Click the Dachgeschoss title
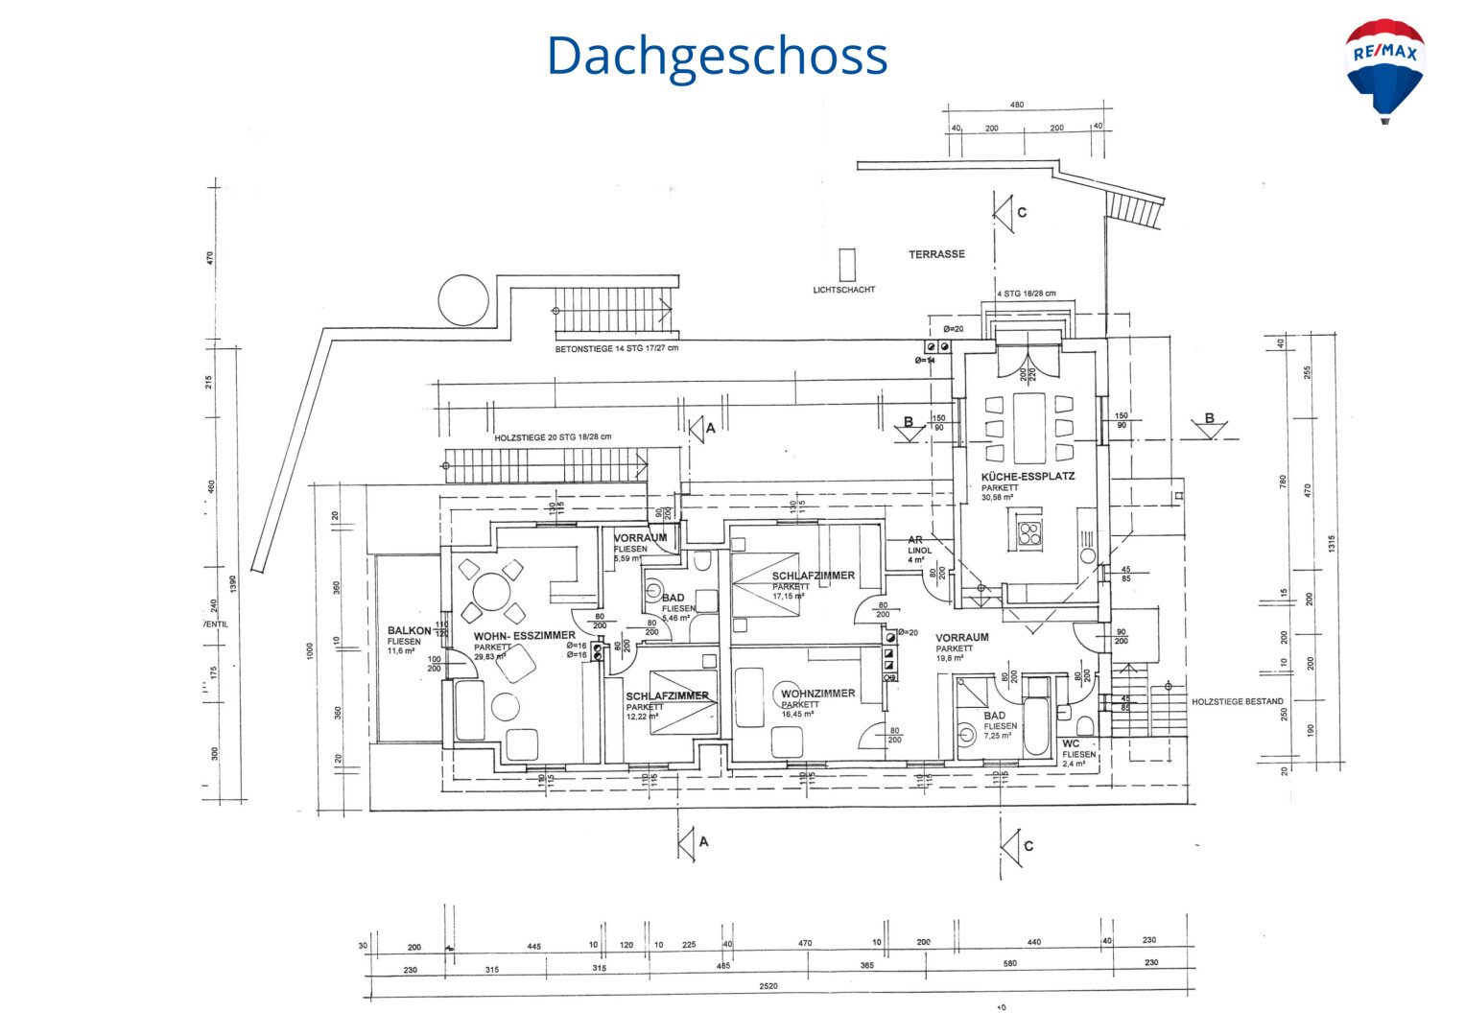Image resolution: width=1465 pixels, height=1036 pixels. point(717,56)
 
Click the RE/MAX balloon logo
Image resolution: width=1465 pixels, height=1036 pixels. point(1384,69)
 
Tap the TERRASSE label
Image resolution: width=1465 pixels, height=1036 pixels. point(936,254)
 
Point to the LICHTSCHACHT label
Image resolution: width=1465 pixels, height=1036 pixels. point(843,290)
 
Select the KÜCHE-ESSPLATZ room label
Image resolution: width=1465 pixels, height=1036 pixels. point(1028,477)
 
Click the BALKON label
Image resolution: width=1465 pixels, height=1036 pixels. point(409,631)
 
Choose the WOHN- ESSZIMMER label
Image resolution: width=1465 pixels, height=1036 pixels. point(524,636)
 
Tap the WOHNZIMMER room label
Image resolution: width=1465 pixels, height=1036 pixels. point(817,694)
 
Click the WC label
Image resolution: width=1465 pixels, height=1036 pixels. point(1071,744)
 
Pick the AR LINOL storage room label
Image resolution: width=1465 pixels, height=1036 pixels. point(918,546)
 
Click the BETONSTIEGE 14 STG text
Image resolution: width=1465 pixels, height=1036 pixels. point(616,348)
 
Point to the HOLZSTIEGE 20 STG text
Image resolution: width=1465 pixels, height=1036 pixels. point(553,437)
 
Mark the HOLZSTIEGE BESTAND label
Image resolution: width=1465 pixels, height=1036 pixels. point(1237,702)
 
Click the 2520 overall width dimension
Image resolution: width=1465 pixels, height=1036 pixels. point(768,986)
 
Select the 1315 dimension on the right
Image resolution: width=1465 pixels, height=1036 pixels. point(1331,544)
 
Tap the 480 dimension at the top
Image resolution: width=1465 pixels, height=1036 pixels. point(1017,106)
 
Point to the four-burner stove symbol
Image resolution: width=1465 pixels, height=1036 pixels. point(1029,532)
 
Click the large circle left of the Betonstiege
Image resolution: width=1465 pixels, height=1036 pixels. point(463,300)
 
